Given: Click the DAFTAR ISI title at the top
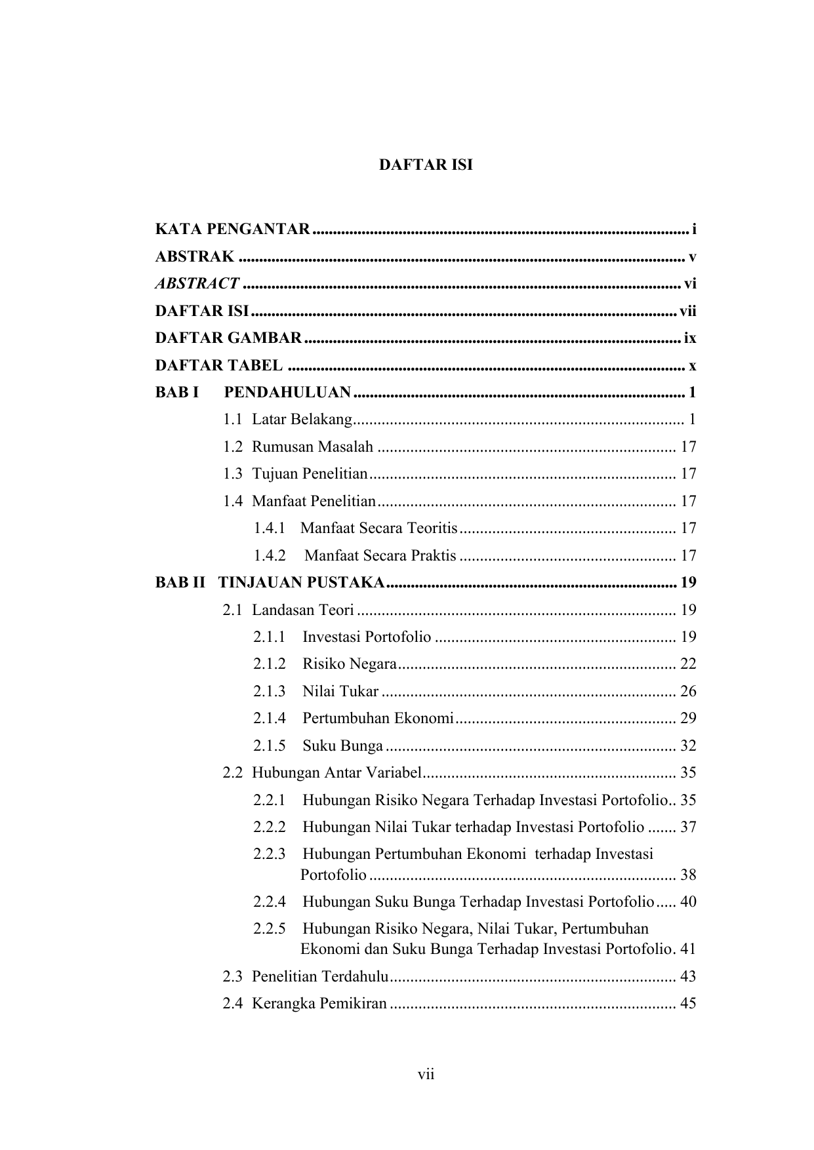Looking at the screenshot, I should (425, 165).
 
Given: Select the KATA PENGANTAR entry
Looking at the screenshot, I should (232, 229).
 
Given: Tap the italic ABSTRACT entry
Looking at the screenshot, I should (197, 283).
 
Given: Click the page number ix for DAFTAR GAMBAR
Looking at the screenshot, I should (689, 338).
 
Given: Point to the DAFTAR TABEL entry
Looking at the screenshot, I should (219, 365).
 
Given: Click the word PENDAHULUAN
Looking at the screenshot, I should (287, 393).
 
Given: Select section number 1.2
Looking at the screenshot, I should (232, 447).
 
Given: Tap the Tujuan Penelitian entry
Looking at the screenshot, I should (310, 474).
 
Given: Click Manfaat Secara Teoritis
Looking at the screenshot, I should (378, 528).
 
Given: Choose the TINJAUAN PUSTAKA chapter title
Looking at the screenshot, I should (301, 582).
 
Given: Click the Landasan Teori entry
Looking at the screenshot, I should (302, 610).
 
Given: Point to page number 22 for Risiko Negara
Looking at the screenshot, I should (688, 664).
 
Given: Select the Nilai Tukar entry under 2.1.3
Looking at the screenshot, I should (340, 691).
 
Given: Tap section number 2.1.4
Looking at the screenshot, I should (270, 719).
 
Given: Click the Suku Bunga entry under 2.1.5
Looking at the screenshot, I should (342, 746).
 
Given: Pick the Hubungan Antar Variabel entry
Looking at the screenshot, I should (336, 773).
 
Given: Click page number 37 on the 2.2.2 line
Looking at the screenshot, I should (688, 827).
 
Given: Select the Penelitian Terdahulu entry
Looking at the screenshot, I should (320, 977).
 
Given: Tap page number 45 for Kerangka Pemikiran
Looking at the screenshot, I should (688, 1004).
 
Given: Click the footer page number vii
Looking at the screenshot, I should (426, 1075).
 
